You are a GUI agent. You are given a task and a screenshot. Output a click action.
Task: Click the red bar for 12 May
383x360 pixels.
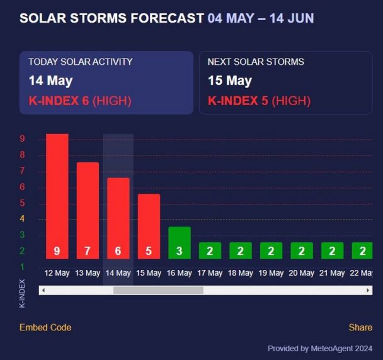tap(57, 196)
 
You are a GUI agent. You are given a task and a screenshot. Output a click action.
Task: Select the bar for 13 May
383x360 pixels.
tap(88, 210)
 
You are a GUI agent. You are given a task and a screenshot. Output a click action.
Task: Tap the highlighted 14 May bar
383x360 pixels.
tap(118, 218)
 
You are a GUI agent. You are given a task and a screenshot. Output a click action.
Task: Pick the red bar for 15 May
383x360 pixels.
tap(149, 226)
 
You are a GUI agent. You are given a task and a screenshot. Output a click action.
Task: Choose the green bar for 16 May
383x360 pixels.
tap(179, 242)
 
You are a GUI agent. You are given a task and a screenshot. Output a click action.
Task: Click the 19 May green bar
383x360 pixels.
tap(271, 250)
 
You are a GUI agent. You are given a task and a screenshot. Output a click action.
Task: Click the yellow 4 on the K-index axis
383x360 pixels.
tap(22, 219)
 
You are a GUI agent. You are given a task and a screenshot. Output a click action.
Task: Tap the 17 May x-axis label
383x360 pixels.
tap(210, 273)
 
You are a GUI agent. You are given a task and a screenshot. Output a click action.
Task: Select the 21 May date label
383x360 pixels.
tap(332, 273)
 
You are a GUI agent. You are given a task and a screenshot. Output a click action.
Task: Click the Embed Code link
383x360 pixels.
tap(45, 327)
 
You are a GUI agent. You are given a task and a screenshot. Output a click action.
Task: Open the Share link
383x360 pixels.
tap(360, 327)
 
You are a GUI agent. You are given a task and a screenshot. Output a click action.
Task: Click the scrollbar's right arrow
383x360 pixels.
tap(368, 290)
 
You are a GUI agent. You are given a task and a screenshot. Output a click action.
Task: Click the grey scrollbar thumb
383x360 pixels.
tap(158, 290)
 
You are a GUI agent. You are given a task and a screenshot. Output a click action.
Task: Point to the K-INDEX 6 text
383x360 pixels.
tap(59, 101)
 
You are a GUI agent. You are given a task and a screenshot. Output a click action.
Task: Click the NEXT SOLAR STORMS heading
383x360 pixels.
tap(256, 62)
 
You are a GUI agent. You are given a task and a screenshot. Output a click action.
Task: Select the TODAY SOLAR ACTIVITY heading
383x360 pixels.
tap(80, 62)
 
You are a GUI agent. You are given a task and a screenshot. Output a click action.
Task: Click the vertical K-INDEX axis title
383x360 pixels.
tap(22, 293)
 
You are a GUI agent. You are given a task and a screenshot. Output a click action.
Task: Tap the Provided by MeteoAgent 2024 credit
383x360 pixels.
tap(320, 348)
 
